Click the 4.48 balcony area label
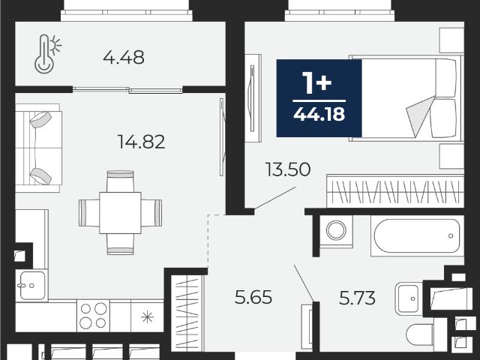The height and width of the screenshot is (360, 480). [123, 58]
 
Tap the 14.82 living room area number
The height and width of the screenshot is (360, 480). [141, 142]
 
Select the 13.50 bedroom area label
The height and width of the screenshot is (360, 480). [288, 169]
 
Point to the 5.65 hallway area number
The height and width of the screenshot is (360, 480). [253, 297]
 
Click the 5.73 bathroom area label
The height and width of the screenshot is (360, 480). [357, 298]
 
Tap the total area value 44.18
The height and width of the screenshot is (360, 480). [319, 114]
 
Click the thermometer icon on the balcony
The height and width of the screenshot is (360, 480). [47, 54]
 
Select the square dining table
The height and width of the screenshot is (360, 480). [120, 213]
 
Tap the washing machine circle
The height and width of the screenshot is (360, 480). [336, 230]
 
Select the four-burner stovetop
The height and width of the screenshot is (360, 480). [93, 316]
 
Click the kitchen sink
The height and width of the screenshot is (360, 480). [32, 285]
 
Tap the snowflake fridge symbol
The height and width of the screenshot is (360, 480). [147, 316]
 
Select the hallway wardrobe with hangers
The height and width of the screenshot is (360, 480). [187, 313]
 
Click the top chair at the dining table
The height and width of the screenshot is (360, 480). [120, 181]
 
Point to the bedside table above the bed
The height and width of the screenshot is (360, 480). [451, 40]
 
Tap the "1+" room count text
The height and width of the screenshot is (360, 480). [317, 82]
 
